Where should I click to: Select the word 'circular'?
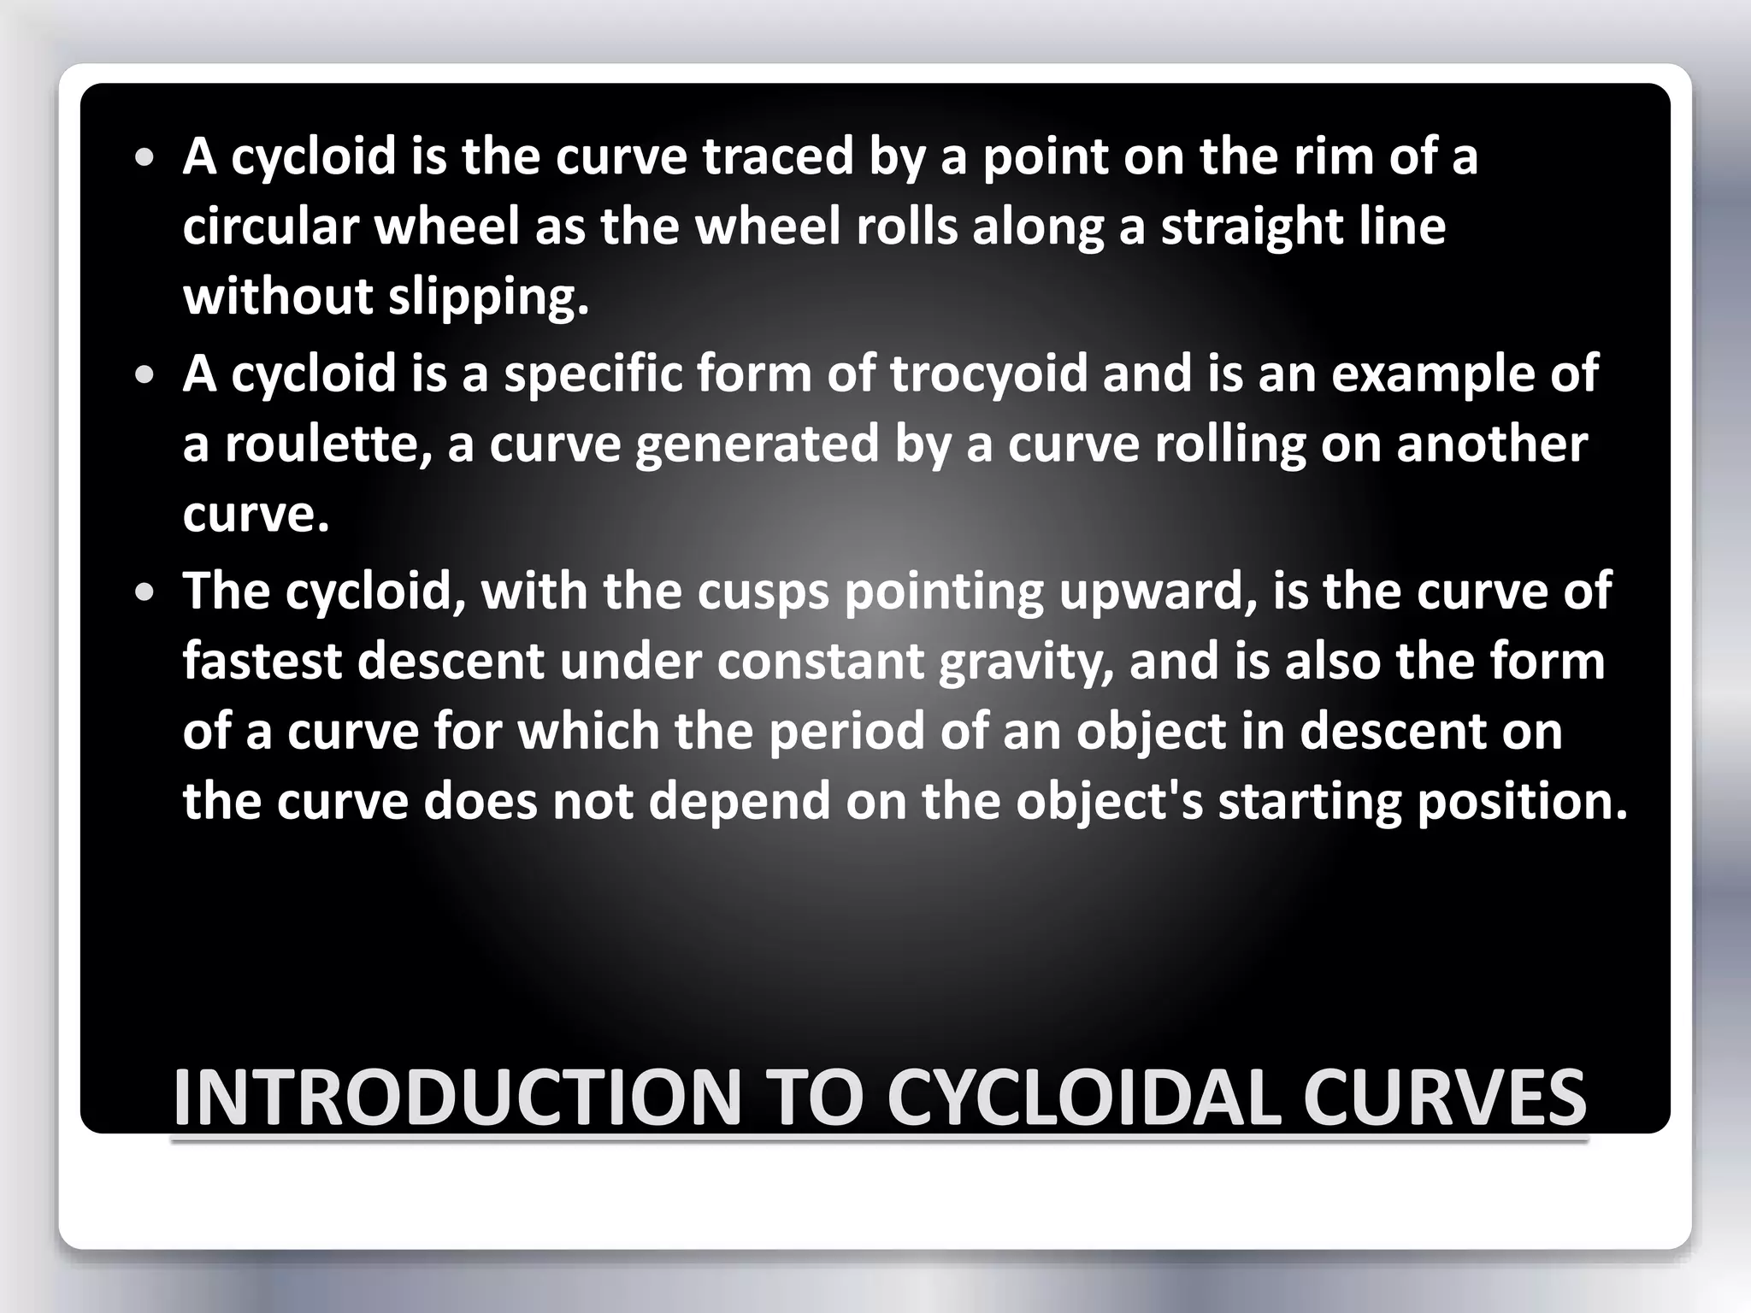pyautogui.click(x=271, y=227)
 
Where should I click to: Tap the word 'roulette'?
pyautogui.click(x=327, y=444)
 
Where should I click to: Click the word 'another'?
pyautogui.click(x=1491, y=444)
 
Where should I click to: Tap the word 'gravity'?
pyautogui.click(x=1026, y=662)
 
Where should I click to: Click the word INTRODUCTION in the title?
pyautogui.click(x=457, y=1098)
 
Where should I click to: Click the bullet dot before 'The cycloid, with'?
pyautogui.click(x=145, y=592)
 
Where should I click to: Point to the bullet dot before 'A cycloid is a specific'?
pyautogui.click(x=145, y=374)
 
